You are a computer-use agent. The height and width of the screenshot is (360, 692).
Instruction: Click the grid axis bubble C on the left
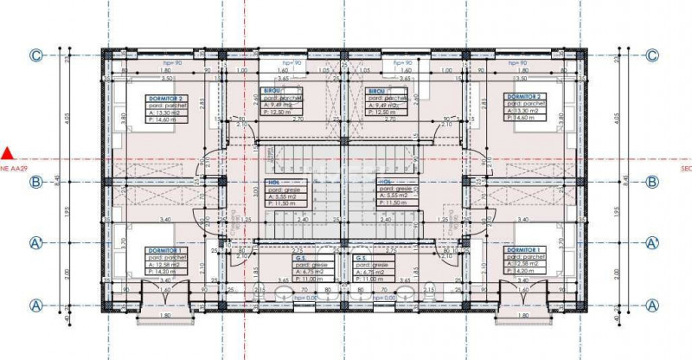[x=36, y=55]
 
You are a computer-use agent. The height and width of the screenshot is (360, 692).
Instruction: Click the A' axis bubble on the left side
[x=36, y=242]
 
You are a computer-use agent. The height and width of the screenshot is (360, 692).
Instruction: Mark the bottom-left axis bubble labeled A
[x=36, y=305]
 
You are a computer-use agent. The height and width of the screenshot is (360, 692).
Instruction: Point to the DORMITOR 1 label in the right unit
[x=524, y=250]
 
